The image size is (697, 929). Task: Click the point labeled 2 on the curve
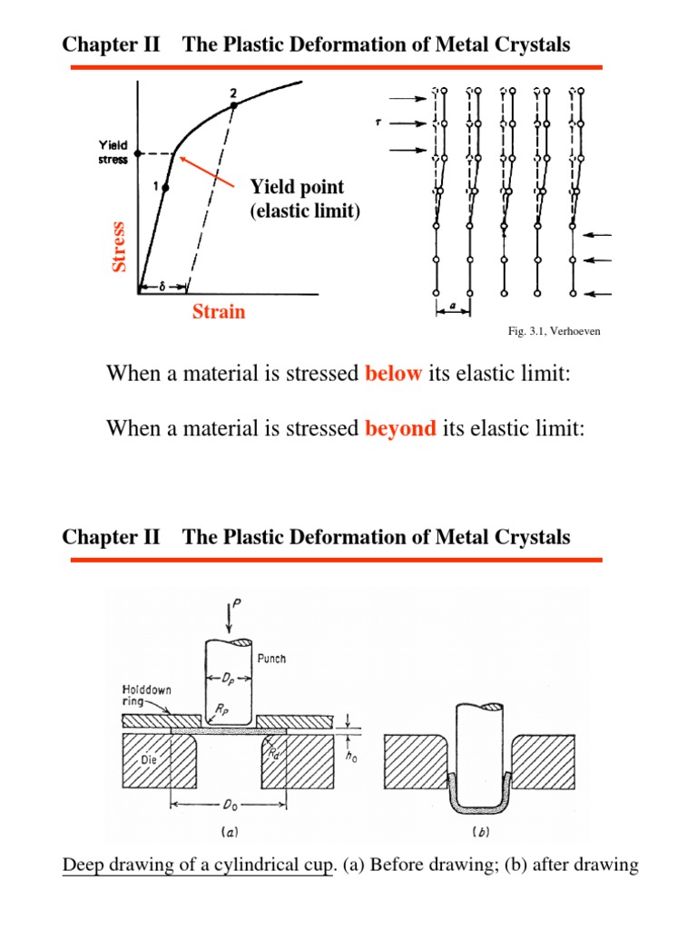(233, 106)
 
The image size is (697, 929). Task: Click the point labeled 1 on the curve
(165, 187)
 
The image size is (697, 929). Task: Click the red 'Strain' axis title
(219, 312)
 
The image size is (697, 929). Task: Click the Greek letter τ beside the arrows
(391, 120)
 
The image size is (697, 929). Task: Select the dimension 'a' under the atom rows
(454, 308)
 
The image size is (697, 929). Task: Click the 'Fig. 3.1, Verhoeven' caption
(554, 332)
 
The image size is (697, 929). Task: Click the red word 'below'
(393, 375)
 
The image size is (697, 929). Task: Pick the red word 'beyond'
(400, 428)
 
